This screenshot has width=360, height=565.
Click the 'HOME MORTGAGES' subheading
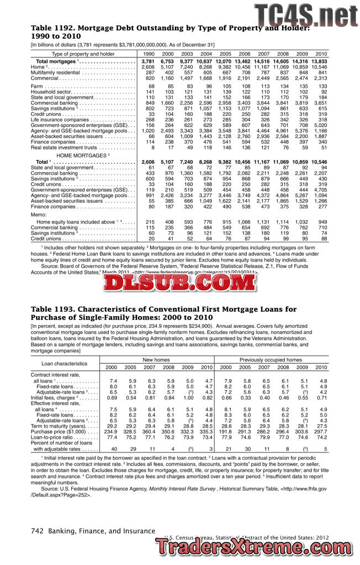click(x=81, y=155)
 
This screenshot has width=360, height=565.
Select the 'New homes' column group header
click(x=159, y=360)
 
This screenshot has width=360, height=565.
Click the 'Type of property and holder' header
click(x=83, y=54)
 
